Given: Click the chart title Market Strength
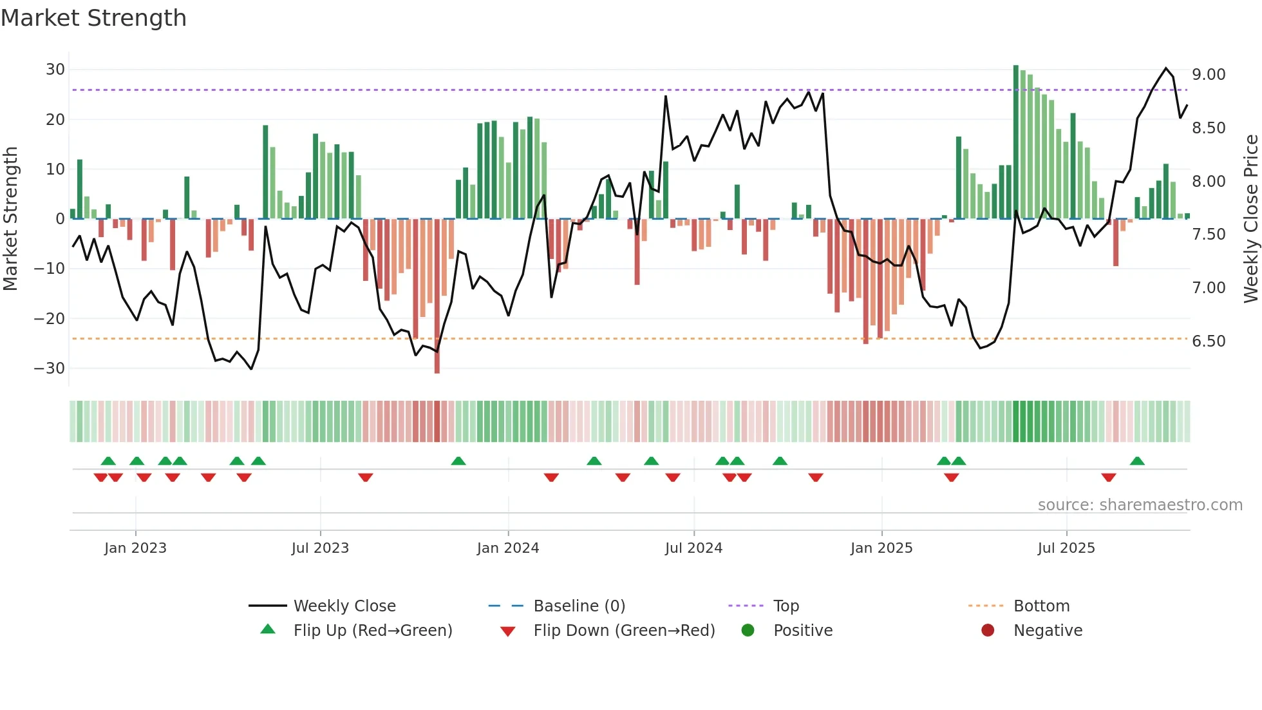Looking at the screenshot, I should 93,18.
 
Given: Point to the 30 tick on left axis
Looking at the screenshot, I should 55,70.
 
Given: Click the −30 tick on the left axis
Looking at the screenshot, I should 50,369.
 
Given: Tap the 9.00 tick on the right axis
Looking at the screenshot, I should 1209,75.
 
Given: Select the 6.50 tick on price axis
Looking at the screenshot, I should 1209,341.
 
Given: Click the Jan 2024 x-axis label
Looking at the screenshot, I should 508,548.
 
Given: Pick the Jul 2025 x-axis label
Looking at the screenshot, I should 1066,548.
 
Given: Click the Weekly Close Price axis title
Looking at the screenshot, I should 1250,219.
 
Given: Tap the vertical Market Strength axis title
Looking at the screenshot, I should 10,219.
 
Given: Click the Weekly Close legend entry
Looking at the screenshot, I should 344,606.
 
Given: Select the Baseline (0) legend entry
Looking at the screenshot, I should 579,606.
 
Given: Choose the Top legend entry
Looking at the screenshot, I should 786,606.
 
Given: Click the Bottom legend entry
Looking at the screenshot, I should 1041,606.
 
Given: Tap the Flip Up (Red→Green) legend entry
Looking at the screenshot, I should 373,631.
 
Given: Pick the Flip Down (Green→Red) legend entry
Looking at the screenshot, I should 624,631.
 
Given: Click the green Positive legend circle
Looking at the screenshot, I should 748,630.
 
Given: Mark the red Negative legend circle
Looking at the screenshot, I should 988,630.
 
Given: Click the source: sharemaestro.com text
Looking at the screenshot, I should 1140,505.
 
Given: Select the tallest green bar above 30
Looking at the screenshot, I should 1016,142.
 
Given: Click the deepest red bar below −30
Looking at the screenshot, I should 437,296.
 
